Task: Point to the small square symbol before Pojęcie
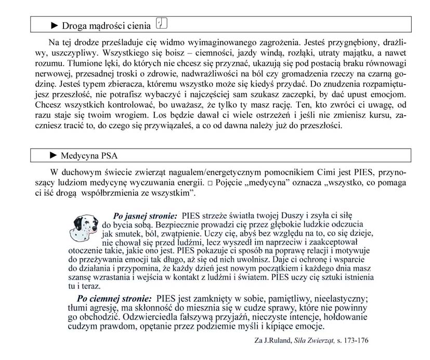click(x=209, y=182)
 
